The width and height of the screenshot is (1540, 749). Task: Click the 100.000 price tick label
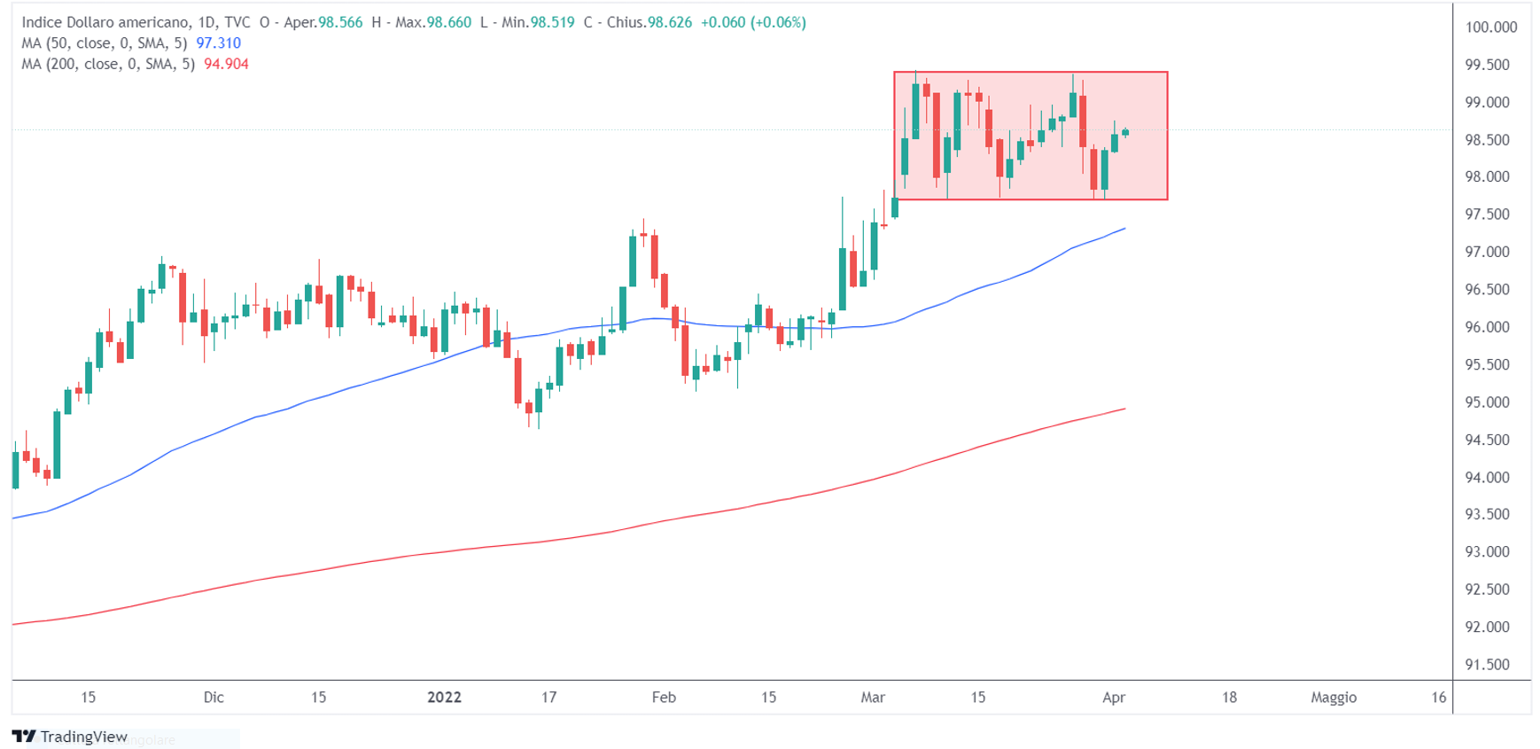point(1490,27)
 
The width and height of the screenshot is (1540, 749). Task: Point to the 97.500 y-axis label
point(1487,215)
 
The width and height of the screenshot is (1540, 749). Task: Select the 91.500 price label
point(1487,665)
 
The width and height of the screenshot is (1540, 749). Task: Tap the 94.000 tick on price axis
point(1487,478)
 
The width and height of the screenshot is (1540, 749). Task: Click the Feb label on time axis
point(664,698)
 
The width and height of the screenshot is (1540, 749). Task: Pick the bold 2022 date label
point(444,698)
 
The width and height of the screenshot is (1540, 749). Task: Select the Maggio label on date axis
point(1334,698)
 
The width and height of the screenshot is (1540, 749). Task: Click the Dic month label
point(214,698)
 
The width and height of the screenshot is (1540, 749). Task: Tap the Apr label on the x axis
point(1114,698)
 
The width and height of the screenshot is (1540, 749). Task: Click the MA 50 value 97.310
point(218,43)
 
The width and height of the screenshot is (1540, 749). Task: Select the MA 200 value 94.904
point(226,65)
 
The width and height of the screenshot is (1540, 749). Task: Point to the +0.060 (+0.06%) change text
point(753,23)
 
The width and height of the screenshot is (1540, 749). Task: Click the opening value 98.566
point(340,23)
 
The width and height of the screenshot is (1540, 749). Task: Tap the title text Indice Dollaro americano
point(104,23)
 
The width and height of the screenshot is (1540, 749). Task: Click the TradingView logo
point(70,737)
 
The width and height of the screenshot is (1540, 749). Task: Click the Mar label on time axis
point(873,698)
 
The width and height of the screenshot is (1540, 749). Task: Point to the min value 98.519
point(552,23)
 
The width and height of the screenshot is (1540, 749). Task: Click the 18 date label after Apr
point(1229,698)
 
